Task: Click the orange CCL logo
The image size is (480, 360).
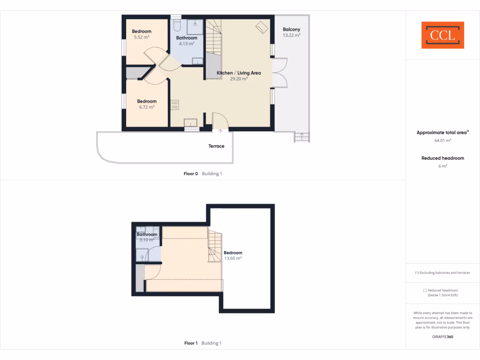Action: [x=442, y=35]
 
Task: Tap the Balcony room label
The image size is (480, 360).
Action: [x=292, y=30]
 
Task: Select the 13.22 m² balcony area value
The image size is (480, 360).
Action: [x=292, y=35]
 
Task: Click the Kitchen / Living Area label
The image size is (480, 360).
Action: [x=239, y=73]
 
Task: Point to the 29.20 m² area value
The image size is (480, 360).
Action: [x=239, y=79]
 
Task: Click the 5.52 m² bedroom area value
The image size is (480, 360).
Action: [x=142, y=37]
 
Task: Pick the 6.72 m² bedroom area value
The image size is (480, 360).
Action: [x=147, y=107]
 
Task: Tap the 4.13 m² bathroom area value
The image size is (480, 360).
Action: [x=187, y=44]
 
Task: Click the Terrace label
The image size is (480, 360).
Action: [x=217, y=146]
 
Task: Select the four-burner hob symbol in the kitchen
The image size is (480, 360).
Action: [x=174, y=105]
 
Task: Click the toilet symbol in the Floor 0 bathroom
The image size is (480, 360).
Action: [x=177, y=24]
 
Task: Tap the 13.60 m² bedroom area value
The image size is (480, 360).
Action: [x=233, y=258]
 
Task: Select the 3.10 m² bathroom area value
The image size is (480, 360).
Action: [x=147, y=240]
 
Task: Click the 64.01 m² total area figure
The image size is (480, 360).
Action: [x=442, y=140]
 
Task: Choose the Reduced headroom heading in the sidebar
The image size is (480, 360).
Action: [x=442, y=158]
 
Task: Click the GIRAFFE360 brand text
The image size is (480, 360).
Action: [x=442, y=337]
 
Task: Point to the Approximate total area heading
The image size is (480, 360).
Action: [x=442, y=133]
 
